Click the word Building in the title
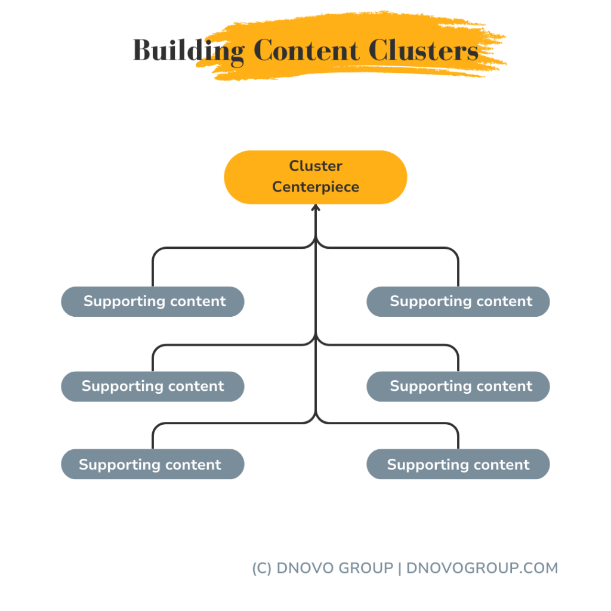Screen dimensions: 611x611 188,51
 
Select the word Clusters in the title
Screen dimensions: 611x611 424,51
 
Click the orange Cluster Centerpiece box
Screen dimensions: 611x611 315,177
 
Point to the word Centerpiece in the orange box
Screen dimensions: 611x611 316,187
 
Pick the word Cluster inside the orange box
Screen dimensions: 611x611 316,166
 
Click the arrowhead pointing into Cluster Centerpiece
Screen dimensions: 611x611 316,208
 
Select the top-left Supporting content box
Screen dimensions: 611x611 153,301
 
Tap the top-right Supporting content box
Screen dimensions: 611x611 458,301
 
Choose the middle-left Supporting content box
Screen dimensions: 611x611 153,386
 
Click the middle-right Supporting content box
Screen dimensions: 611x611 458,386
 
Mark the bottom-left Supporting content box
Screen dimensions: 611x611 153,464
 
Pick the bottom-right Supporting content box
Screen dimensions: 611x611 458,464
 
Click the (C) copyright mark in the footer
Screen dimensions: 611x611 262,568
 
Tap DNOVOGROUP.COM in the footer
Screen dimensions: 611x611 482,568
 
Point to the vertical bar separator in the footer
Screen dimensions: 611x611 399,568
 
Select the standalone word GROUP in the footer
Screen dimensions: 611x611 366,568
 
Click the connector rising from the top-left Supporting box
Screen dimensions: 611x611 153,269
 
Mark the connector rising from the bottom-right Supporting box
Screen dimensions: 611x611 458,439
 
